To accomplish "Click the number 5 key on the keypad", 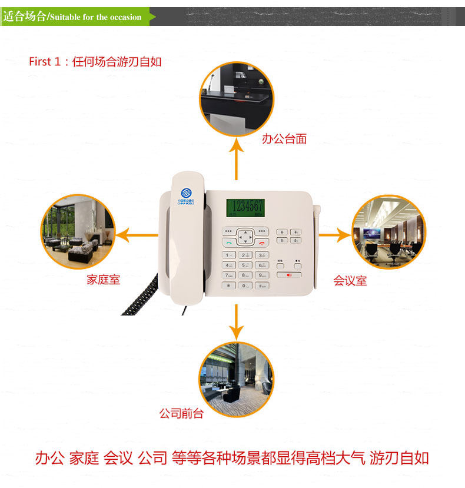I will tap(245, 265).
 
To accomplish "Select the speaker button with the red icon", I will tap(288, 274).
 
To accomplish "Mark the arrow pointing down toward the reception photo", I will tap(237, 321).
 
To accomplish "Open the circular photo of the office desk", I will tap(237, 97).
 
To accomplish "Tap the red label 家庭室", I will tap(103, 280).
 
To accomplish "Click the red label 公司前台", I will tap(181, 413).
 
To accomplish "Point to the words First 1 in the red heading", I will tap(45, 61).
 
